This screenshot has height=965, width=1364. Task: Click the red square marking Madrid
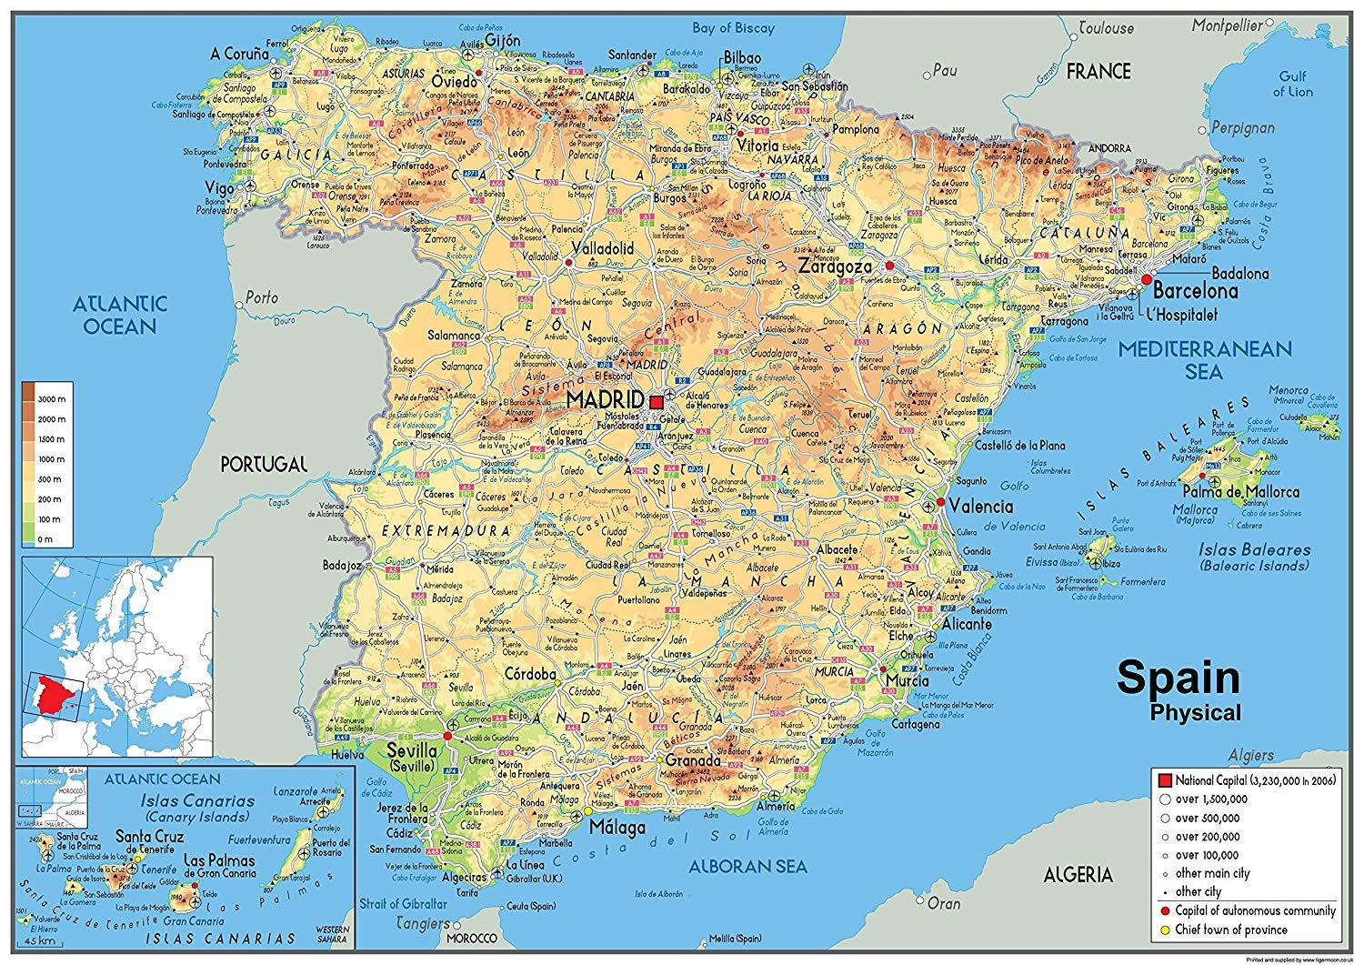pos(657,401)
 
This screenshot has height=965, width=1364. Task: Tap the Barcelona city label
pos(1196,292)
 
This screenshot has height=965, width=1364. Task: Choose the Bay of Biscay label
pos(729,27)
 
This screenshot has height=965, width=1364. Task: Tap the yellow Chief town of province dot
pos(1166,930)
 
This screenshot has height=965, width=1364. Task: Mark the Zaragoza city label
pos(836,266)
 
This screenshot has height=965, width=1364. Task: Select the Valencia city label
pos(981,506)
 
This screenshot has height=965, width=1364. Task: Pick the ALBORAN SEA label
pos(737,866)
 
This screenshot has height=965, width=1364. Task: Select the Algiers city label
pos(1305,755)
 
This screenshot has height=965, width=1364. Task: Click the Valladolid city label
pos(602,248)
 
